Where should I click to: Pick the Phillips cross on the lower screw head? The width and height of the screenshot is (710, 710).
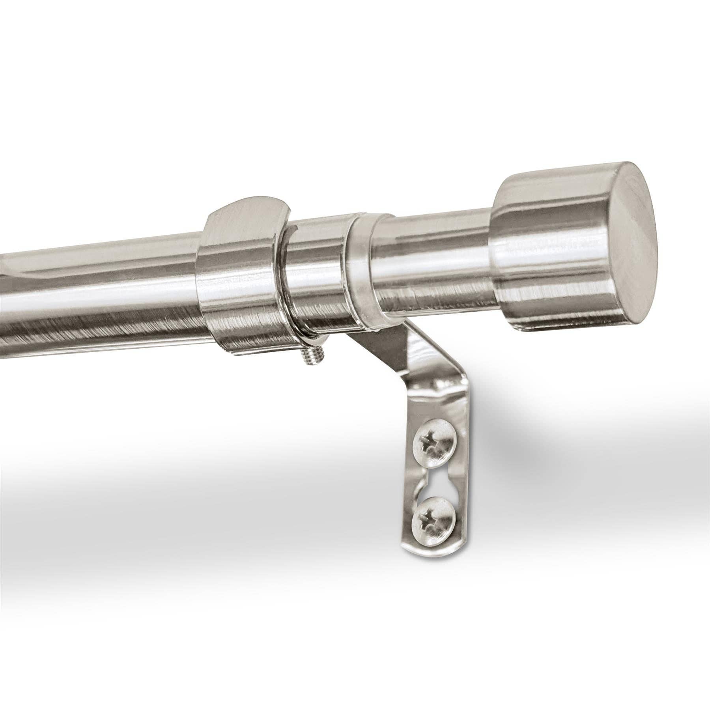point(426,519)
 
